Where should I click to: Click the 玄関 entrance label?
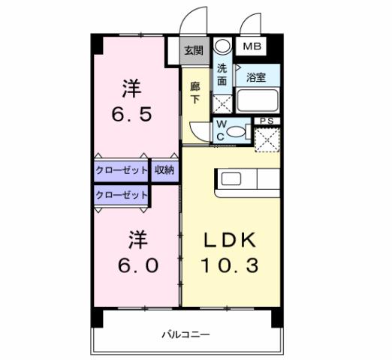[194, 50]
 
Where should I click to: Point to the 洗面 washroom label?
[222, 75]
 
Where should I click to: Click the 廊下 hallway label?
[194, 92]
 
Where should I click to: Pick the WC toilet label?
[223, 130]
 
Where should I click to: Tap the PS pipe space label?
[266, 121]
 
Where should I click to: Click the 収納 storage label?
[164, 170]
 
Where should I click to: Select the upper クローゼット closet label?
[122, 170]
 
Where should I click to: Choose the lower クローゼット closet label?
[122, 194]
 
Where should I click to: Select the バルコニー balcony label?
[185, 334]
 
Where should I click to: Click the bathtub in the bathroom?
[258, 100]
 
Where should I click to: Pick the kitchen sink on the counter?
[231, 179]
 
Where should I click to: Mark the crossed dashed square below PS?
[266, 140]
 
